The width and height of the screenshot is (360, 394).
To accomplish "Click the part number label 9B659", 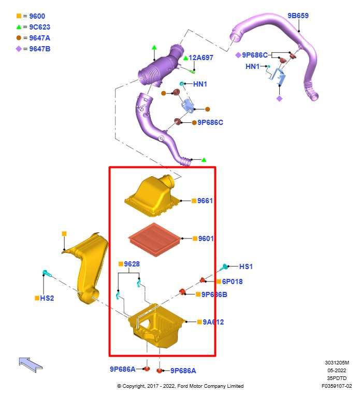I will click(298, 16).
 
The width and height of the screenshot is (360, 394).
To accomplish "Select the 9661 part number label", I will click(205, 201).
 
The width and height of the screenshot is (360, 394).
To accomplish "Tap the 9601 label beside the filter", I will click(205, 238).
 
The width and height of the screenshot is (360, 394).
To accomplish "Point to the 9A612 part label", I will click(213, 322).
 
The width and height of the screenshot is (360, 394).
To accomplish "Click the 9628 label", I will click(132, 264).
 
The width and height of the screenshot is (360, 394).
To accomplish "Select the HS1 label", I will click(246, 266).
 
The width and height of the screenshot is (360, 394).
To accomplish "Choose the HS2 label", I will click(47, 298).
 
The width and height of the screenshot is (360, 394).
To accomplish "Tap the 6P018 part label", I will click(232, 282).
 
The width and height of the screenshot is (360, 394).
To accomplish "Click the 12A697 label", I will click(200, 58).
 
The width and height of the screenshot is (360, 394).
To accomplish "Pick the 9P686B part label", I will click(214, 294).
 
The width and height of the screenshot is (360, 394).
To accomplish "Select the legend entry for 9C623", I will click(39, 27).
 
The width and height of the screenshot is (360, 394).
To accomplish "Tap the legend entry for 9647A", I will click(40, 38).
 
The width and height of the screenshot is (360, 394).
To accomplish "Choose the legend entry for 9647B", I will click(40, 49).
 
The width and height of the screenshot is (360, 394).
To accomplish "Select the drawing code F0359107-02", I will click(336, 386).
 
